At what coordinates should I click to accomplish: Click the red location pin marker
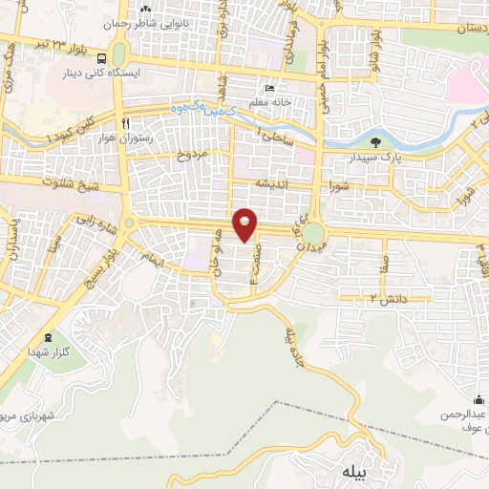(246, 223)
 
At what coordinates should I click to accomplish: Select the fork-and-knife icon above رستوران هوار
(126, 123)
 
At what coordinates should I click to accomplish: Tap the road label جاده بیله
(295, 349)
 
